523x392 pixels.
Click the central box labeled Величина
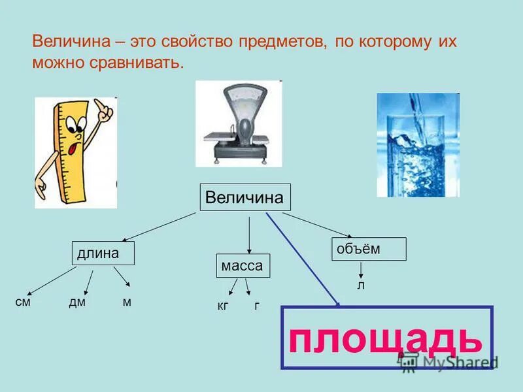pyautogui.click(x=245, y=198)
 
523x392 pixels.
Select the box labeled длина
pyautogui.click(x=103, y=253)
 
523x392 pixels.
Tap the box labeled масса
pyautogui.click(x=243, y=267)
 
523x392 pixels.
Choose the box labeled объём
pyautogui.click(x=369, y=250)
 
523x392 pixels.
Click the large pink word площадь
pyautogui.click(x=386, y=338)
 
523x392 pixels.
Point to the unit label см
pyautogui.click(x=23, y=302)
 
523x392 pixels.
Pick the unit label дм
pyautogui.click(x=77, y=302)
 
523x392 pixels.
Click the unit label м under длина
pyautogui.click(x=127, y=302)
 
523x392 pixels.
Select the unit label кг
pyautogui.click(x=223, y=305)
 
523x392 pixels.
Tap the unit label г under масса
pyautogui.click(x=257, y=305)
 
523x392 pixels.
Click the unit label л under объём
pyautogui.click(x=360, y=285)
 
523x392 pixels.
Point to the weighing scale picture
pyautogui.click(x=239, y=124)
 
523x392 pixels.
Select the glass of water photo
pyautogui.click(x=418, y=145)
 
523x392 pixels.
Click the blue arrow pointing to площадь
pyautogui.click(x=303, y=259)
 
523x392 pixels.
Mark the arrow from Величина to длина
pyautogui.click(x=160, y=227)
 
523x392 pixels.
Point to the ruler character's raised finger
pyautogui.click(x=99, y=105)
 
